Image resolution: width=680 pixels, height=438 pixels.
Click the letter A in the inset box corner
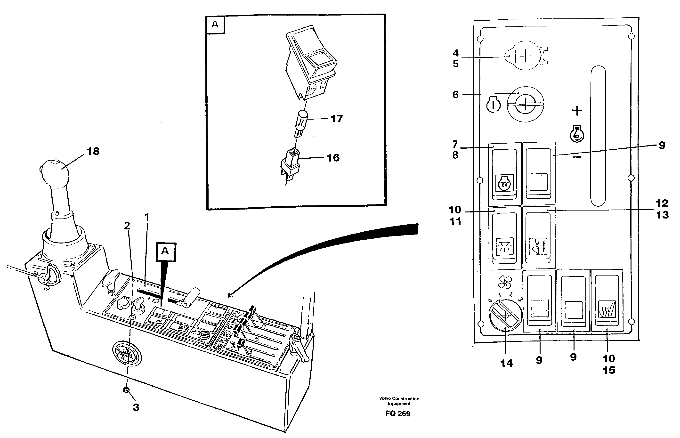pos(215,24)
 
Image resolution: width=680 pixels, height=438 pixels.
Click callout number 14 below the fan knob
pos(507,364)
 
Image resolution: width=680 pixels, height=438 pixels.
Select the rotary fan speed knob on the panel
pos(505,316)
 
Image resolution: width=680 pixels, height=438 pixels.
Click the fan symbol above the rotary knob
pos(505,283)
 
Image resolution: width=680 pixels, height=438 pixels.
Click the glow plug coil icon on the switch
pos(504,182)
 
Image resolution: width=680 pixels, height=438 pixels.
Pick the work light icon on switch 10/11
pos(504,246)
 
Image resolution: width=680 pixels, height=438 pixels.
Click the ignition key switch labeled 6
pos(525,104)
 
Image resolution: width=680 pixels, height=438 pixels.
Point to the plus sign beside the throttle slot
pos(577,111)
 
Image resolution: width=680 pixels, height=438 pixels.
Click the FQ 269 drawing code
pos(397,414)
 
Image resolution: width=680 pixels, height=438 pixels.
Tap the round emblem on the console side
pos(126,354)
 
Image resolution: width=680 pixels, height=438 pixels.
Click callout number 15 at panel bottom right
pos(609,370)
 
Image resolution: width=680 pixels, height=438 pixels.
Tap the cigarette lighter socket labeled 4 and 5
pos(525,56)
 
